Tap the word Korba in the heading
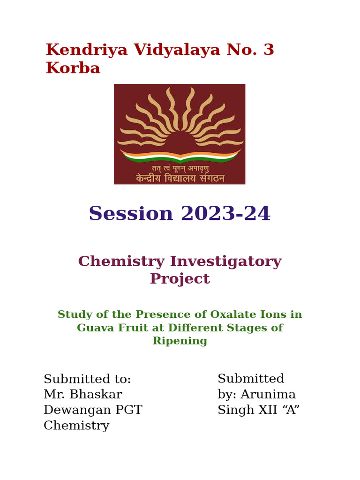pos(73,68)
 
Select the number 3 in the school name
pos(269,50)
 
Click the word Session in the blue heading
pos(131,214)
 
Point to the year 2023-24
pos(225,214)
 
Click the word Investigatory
pos(225,262)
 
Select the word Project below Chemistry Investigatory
pos(180,279)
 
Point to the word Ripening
pos(180,341)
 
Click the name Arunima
pos(268,395)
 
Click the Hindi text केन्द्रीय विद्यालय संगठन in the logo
pos(180,178)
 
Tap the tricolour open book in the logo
pos(180,156)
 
